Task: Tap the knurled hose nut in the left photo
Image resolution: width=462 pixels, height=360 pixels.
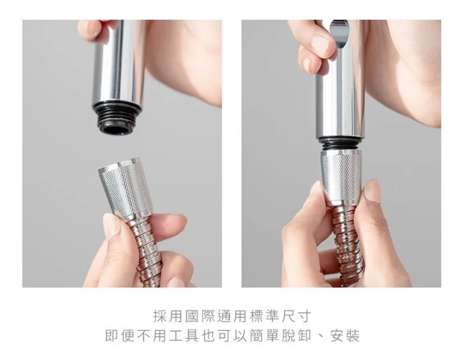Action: click(x=126, y=187)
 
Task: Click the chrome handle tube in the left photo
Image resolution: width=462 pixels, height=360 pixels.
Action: click(x=118, y=62)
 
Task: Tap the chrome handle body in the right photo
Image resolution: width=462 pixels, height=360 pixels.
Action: click(x=341, y=79)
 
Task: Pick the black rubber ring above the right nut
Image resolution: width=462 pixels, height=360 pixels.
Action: click(x=341, y=144)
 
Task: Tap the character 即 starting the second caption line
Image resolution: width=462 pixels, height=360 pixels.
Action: click(x=113, y=336)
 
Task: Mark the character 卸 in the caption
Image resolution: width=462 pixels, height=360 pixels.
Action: click(x=304, y=336)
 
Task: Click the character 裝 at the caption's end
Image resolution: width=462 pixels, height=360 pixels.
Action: click(x=352, y=336)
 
